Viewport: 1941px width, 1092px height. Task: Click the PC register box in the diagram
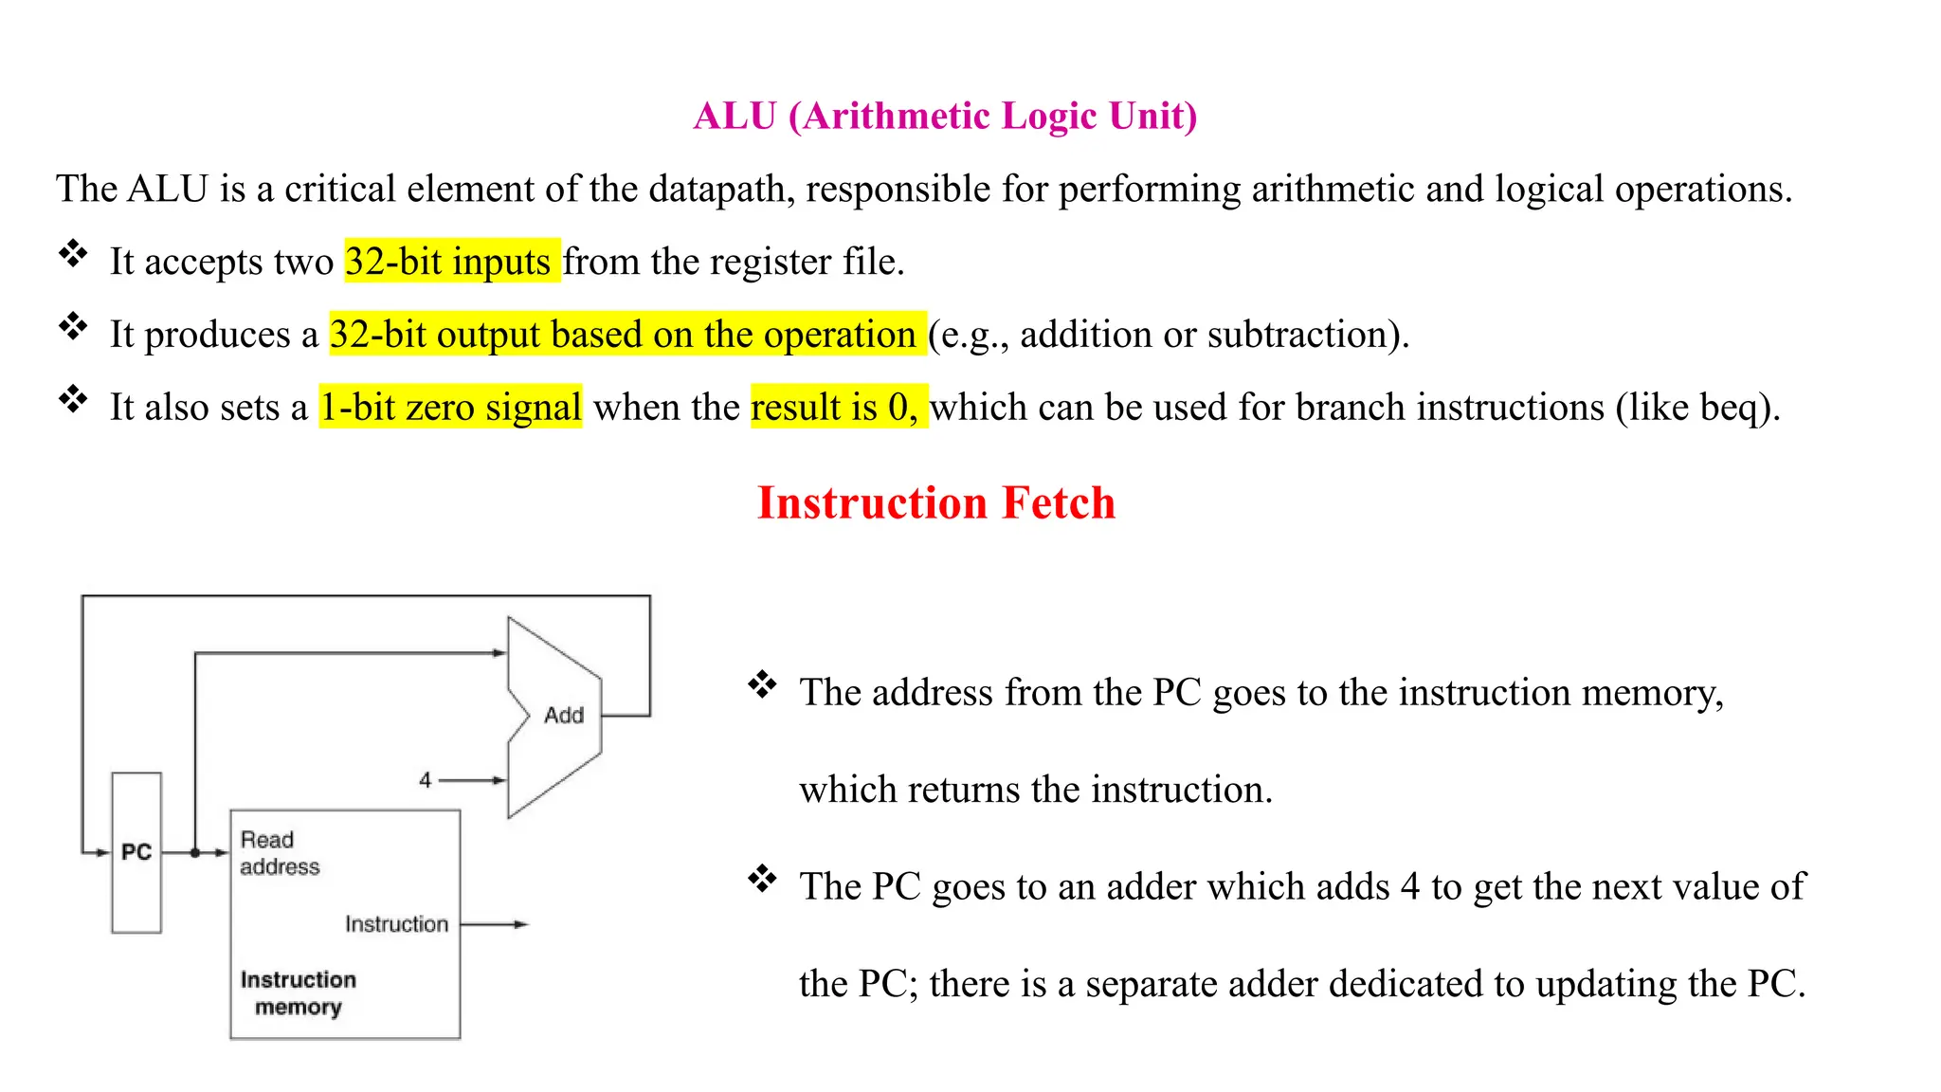pos(136,852)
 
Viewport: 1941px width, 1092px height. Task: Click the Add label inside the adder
pos(564,716)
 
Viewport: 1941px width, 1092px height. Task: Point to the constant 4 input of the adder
pos(426,780)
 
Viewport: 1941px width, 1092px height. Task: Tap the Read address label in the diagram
pos(279,853)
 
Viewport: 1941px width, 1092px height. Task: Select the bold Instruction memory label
pos(298,992)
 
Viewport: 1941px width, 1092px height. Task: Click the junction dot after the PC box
pos(195,853)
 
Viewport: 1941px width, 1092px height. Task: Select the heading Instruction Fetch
pos(935,502)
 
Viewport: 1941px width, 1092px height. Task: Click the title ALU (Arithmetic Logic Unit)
pos(945,116)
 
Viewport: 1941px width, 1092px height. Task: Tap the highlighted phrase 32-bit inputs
pos(448,262)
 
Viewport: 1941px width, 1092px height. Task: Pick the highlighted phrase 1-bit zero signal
pos(450,408)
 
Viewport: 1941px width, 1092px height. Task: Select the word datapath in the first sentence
pos(717,189)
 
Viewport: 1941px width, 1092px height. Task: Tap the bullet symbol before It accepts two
pos(73,254)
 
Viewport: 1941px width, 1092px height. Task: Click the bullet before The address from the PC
pos(762,684)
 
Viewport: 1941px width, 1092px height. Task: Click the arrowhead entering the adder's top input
pos(499,653)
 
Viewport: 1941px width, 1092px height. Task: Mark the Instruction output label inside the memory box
pos(396,924)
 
